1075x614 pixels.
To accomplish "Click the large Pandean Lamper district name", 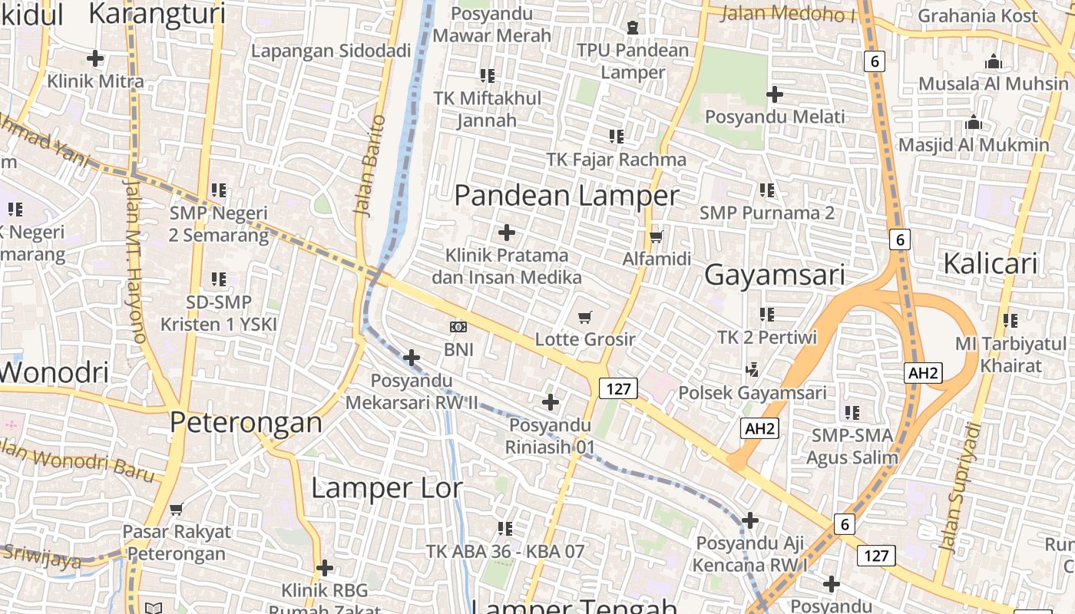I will point(567,196).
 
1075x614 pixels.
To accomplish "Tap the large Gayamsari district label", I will point(774,275).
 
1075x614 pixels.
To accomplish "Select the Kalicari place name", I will point(990,263).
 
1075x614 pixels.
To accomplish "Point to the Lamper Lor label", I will point(386,488).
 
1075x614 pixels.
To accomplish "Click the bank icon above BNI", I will point(458,328).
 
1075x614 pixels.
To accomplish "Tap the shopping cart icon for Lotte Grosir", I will point(585,317).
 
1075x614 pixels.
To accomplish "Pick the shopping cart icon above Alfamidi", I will point(656,236).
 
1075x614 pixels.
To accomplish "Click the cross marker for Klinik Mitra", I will point(95,58).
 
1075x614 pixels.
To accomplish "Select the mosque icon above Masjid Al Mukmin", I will point(974,122).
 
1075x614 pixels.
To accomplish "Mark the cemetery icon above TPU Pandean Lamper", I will point(632,28).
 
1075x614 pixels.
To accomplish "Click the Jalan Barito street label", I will point(369,164).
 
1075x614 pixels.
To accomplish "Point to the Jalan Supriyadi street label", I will point(961,487).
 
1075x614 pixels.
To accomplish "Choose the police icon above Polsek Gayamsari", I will point(752,370).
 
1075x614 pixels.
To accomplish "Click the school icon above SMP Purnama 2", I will point(766,190).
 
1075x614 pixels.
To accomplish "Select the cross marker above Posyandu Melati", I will point(775,94).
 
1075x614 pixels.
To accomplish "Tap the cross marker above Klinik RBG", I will point(325,568).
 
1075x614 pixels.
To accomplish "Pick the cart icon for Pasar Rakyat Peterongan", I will point(177,509).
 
